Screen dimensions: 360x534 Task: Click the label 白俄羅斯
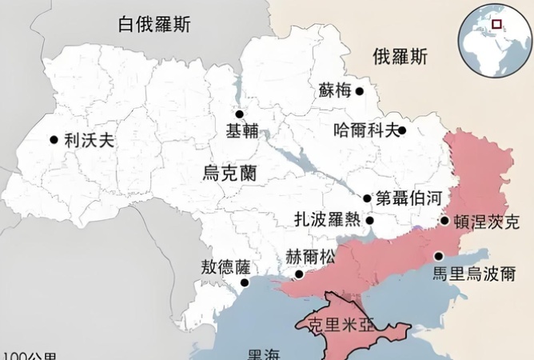point(154,24)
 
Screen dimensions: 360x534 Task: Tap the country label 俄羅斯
point(400,56)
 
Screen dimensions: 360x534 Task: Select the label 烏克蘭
point(229,172)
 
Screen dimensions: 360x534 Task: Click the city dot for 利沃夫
point(54,140)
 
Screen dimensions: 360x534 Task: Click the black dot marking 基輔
point(238,114)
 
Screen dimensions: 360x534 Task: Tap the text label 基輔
point(241,132)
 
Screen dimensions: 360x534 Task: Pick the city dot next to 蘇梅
point(360,92)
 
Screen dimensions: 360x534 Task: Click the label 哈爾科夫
point(365,130)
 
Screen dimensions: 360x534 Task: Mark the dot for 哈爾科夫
point(402,130)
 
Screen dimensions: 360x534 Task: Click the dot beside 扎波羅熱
point(370,220)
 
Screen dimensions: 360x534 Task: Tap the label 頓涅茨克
point(486,222)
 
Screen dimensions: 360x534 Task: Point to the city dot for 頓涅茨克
point(444,221)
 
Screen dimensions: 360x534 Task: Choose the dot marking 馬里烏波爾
point(439,257)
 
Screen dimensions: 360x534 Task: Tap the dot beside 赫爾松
point(299,274)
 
